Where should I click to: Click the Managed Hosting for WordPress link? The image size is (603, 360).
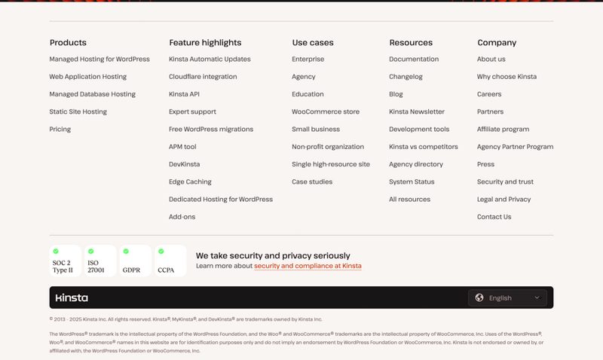99,59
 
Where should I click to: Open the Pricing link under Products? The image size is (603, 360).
60,130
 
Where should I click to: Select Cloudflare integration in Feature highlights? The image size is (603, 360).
203,77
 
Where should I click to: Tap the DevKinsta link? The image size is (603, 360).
184,164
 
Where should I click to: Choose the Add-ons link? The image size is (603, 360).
182,217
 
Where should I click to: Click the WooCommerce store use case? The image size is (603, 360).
326,112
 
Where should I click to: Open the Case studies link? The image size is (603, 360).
312,182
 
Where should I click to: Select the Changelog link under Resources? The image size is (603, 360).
406,77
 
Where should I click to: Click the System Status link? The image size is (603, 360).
412,182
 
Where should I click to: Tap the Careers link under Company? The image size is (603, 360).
489,94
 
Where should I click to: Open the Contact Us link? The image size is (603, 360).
494,217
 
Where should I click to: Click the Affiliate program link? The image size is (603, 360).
503,130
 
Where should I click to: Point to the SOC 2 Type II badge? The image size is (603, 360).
65,261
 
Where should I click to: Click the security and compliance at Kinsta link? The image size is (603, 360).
308,266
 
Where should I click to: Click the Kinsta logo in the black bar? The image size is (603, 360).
72,297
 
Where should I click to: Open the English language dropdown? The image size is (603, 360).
508,297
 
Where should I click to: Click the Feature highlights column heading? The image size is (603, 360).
205,43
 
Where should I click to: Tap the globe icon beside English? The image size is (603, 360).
479,297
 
